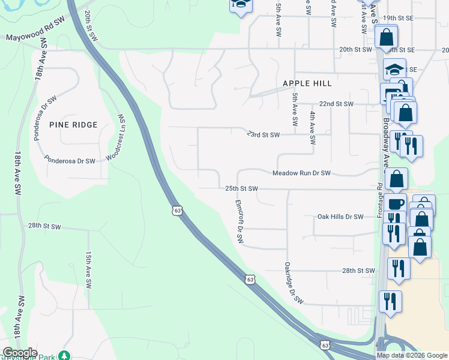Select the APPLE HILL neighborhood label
pyautogui.click(x=307, y=83)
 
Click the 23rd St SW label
pyautogui.click(x=263, y=135)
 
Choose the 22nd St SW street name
pyautogui.click(x=336, y=104)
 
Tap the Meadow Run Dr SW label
pyautogui.click(x=301, y=173)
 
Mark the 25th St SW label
pyautogui.click(x=241, y=188)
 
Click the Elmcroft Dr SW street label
pyautogui.click(x=239, y=221)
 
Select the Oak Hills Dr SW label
pyautogui.click(x=340, y=217)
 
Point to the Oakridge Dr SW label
pyautogui.click(x=292, y=282)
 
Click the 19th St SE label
pyautogui.click(x=399, y=19)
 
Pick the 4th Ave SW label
pyautogui.click(x=313, y=128)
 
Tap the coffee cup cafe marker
pyautogui.click(x=396, y=203)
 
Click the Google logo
pyautogui.click(x=20, y=353)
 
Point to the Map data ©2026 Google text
pyautogui.click(x=412, y=355)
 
